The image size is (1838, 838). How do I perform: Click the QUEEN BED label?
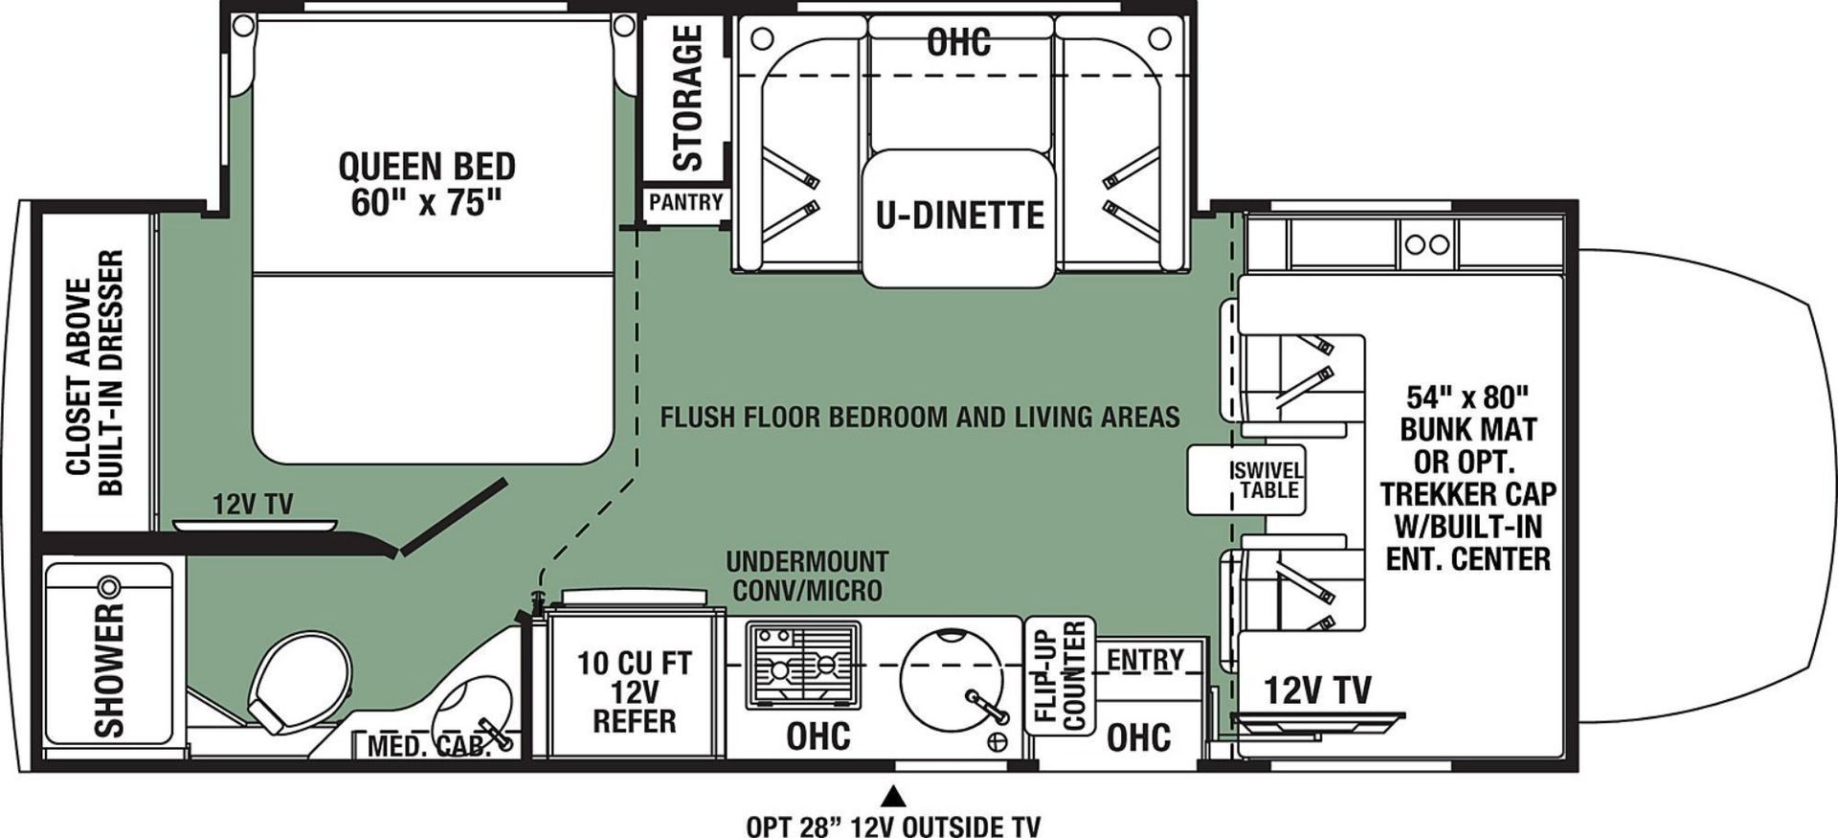point(427,185)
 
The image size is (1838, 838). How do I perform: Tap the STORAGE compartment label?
point(688,98)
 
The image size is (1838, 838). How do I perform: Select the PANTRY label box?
point(685,202)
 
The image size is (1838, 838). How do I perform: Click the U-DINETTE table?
point(959,216)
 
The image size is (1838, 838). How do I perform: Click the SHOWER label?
point(110,669)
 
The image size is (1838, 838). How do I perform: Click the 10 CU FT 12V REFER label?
point(634,691)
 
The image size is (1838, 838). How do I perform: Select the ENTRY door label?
point(1145,660)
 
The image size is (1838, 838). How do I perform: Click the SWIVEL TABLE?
point(1245,480)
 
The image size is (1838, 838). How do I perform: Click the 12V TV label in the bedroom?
point(253,505)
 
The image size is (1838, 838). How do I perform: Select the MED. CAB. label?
point(429,747)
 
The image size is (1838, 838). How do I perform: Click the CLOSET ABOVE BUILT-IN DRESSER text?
point(96,374)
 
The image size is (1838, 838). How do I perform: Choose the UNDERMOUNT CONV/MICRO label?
point(807,576)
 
